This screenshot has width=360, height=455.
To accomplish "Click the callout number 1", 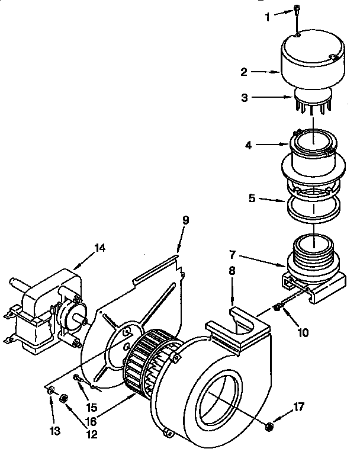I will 267,18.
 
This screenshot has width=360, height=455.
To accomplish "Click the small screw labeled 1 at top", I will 295,10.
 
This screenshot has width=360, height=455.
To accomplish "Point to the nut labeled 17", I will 269,425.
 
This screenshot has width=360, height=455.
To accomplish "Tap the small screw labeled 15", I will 77,377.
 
